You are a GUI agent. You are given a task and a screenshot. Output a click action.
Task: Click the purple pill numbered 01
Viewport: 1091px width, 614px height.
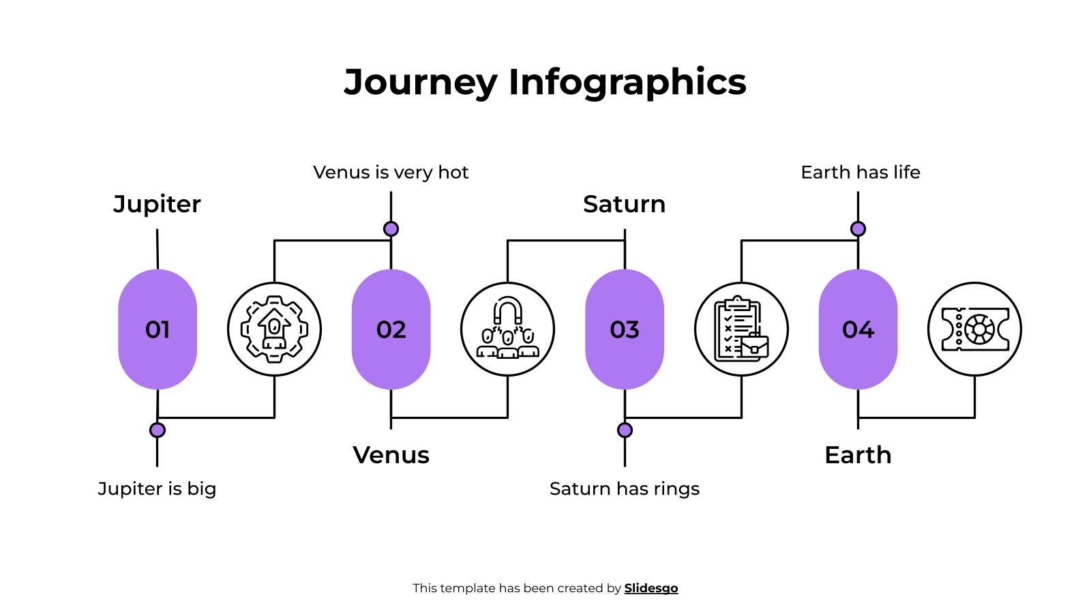pyautogui.click(x=158, y=330)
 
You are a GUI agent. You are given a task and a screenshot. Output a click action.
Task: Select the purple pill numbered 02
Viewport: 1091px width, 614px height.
pyautogui.click(x=391, y=330)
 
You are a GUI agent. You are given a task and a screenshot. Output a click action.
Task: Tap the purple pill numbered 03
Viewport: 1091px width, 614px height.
pyautogui.click(x=625, y=330)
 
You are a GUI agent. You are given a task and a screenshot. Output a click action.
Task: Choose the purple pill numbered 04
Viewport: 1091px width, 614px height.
pyautogui.click(x=858, y=330)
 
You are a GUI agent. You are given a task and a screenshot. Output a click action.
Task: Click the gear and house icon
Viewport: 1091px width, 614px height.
pyautogui.click(x=274, y=330)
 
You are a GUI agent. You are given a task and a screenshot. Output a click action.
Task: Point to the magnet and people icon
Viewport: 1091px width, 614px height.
pyautogui.click(x=507, y=330)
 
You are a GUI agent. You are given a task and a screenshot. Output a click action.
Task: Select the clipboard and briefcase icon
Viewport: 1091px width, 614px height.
pyautogui.click(x=741, y=330)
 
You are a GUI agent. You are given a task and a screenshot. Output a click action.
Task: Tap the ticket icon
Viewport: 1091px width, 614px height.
pyautogui.click(x=974, y=330)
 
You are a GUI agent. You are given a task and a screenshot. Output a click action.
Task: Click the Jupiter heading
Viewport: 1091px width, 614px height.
pyautogui.click(x=157, y=204)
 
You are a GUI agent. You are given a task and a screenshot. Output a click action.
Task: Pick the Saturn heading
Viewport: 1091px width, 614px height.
pyautogui.click(x=624, y=204)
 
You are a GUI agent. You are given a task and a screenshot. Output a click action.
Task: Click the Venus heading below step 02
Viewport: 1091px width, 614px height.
pyautogui.click(x=391, y=455)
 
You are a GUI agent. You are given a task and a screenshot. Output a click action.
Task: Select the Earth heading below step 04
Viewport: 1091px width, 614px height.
pyautogui.click(x=858, y=455)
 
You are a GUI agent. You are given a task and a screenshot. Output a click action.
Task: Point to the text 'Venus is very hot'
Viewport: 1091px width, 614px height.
pyautogui.click(x=391, y=173)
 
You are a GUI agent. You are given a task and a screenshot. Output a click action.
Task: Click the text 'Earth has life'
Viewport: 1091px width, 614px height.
pyautogui.click(x=860, y=173)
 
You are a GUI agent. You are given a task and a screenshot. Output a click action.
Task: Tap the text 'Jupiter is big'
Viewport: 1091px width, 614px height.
pyautogui.click(x=157, y=488)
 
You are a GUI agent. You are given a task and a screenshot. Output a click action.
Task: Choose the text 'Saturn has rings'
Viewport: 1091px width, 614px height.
pyautogui.click(x=624, y=488)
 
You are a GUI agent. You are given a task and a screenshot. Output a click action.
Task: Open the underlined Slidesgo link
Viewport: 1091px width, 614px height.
pyautogui.click(x=651, y=588)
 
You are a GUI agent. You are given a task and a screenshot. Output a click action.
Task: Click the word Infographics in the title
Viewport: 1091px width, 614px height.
pyautogui.click(x=627, y=82)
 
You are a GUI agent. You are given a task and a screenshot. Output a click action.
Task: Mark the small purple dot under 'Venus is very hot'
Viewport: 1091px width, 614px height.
pyautogui.click(x=391, y=229)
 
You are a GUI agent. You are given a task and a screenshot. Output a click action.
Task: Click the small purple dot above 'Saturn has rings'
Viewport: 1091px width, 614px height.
pyautogui.click(x=625, y=430)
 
